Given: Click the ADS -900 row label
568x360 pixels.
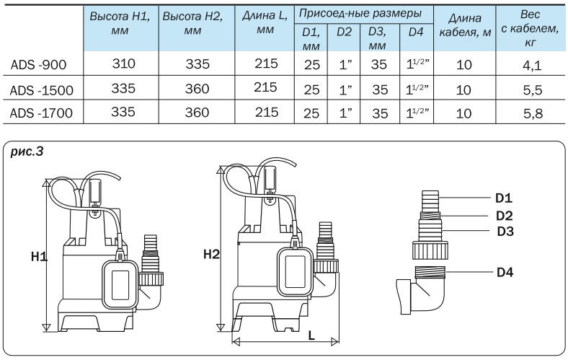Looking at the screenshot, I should (x=38, y=65).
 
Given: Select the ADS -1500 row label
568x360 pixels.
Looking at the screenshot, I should (x=42, y=89).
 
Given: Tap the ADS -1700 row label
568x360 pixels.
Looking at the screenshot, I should (x=42, y=113).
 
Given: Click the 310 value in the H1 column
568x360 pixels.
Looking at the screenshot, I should (x=124, y=65).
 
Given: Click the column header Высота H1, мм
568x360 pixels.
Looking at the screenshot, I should (x=120, y=25).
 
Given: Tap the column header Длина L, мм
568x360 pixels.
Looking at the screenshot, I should (x=265, y=25).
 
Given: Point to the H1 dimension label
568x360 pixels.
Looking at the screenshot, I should (x=39, y=256).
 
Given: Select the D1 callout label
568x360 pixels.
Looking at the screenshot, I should (x=504, y=198).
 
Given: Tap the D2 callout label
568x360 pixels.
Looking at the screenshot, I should (x=504, y=215).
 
